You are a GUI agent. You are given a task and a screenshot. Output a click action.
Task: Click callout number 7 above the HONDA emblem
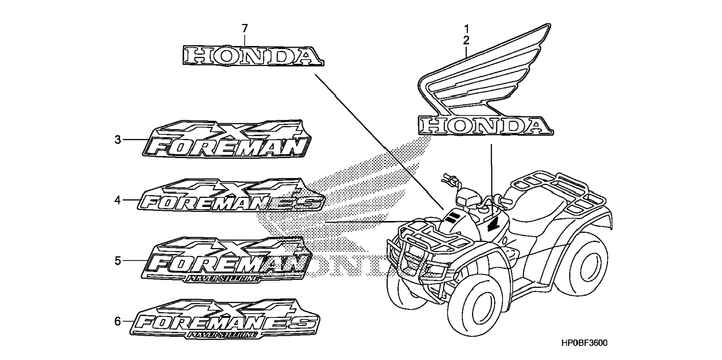(x=245, y=28)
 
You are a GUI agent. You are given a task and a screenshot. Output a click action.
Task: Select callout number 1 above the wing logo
(x=466, y=28)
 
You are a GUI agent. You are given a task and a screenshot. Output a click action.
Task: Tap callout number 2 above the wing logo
(x=466, y=40)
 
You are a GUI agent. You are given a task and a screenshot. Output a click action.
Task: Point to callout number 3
(x=118, y=140)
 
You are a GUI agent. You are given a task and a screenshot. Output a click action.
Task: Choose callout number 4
(x=118, y=201)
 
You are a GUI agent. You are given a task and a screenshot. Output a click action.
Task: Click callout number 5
(x=118, y=261)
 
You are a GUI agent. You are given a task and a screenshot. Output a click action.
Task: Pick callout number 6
(x=118, y=322)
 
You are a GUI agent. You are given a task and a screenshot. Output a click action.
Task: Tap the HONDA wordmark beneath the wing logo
(x=485, y=125)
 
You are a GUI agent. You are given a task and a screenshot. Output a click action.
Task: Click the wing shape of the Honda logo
(x=485, y=75)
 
